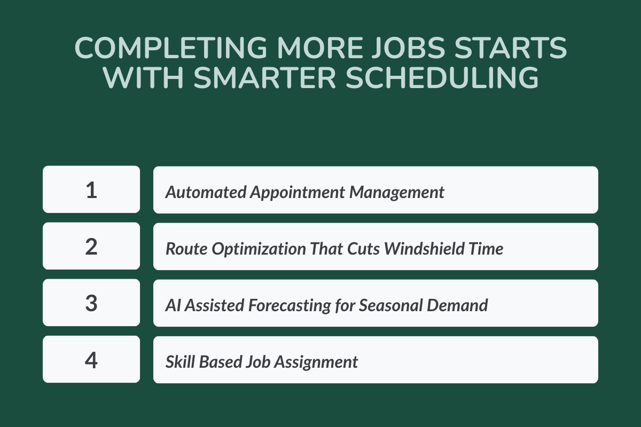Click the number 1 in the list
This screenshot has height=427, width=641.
tap(91, 190)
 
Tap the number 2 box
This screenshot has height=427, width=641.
tap(91, 247)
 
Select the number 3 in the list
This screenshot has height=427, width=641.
tap(91, 303)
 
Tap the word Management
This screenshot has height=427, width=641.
tap(397, 192)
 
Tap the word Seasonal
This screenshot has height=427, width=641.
tap(389, 305)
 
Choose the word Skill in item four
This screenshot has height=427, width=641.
tap(180, 362)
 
